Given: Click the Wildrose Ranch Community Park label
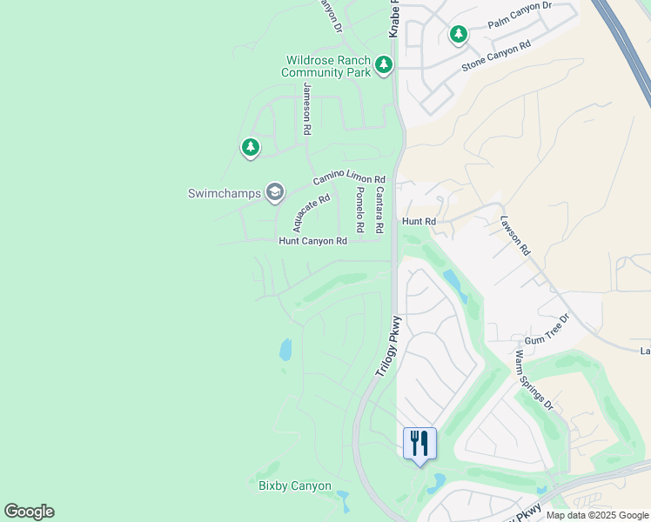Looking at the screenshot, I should click(326, 67).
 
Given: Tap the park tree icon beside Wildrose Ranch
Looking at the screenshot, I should click(384, 64).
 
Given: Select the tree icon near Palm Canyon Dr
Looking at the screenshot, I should click(458, 35).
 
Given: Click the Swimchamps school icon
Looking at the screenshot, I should click(275, 192).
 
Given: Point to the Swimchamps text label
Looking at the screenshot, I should click(225, 193).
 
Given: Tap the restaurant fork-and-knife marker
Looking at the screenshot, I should click(419, 443).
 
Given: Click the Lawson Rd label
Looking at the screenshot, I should click(515, 235).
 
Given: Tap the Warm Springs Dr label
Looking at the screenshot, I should click(534, 379).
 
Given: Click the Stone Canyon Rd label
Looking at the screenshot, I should click(496, 55).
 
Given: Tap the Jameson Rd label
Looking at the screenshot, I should click(306, 109).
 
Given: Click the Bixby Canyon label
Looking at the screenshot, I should click(294, 485).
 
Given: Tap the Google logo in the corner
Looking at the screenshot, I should click(29, 512).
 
